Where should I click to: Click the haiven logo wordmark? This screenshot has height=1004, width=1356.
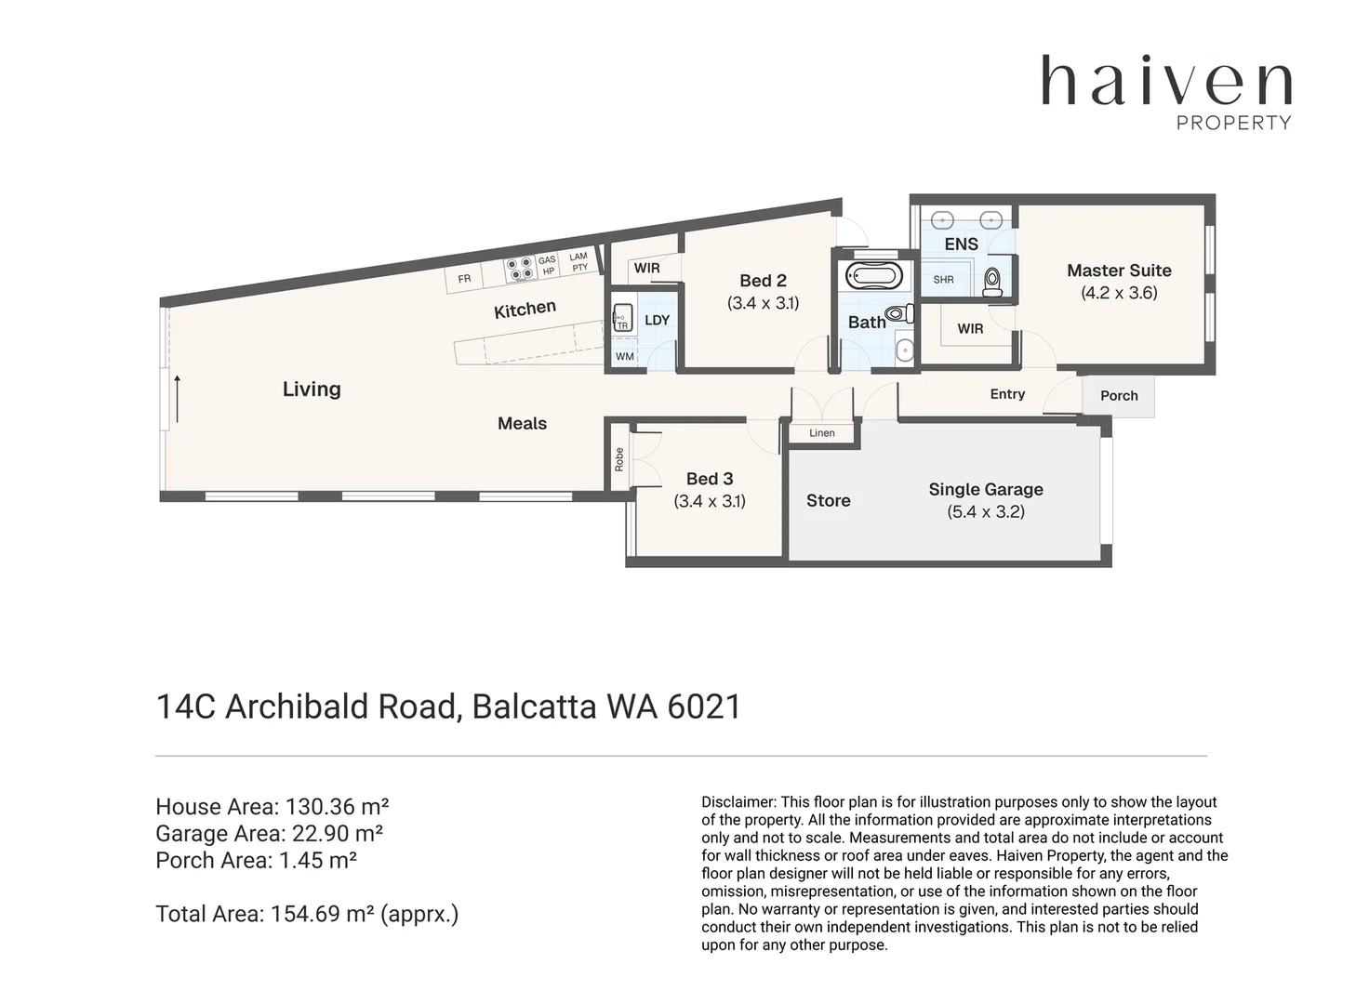[1166, 81]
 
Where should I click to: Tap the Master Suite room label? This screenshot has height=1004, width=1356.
[1119, 271]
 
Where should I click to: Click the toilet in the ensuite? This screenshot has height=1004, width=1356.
[991, 278]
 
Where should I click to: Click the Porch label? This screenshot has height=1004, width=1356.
[1119, 395]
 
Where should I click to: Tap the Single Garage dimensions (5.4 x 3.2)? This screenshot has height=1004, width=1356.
[986, 511]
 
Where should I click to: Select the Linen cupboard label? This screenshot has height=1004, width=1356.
[822, 433]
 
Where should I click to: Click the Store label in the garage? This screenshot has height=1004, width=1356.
[828, 500]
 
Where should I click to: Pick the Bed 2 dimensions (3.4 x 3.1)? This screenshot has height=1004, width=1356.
[763, 302]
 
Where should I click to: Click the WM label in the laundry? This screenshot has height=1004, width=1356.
[624, 356]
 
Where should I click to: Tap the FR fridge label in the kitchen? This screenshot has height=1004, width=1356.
[464, 279]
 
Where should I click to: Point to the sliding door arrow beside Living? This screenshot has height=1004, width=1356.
[176, 386]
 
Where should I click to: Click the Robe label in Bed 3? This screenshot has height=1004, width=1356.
[619, 459]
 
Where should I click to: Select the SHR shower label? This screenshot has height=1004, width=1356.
[943, 279]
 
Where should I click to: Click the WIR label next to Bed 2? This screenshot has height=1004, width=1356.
[646, 269]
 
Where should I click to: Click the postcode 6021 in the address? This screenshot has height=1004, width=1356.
[703, 707]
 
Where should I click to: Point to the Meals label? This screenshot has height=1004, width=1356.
[522, 423]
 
